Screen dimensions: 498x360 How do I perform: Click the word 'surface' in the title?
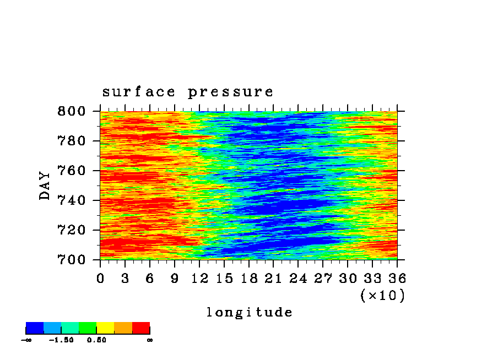pyautogui.click(x=138, y=92)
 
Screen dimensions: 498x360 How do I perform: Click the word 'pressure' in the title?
pyautogui.click(x=230, y=92)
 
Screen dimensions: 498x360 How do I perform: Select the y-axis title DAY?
pyautogui.click(x=45, y=186)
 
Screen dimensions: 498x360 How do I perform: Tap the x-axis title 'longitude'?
pyautogui.click(x=250, y=312)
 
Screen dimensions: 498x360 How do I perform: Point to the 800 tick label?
pyautogui.click(x=72, y=111)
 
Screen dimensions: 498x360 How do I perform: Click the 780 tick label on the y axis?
pyautogui.click(x=72, y=141)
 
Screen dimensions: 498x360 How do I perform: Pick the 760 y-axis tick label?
pyautogui.click(x=72, y=171)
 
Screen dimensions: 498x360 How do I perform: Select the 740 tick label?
pyautogui.click(x=72, y=200)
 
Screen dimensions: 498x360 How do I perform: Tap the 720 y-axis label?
pyautogui.click(x=72, y=230)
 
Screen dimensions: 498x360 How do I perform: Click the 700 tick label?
pyautogui.click(x=72, y=260)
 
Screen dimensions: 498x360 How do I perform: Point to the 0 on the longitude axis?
pyautogui.click(x=100, y=279)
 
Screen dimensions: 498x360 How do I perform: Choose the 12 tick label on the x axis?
pyautogui.click(x=199, y=279)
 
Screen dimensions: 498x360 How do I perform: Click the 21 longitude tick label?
pyautogui.click(x=273, y=279)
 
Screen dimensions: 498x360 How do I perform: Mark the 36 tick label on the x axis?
pyautogui.click(x=397, y=279)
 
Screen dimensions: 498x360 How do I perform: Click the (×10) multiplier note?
pyautogui.click(x=383, y=296)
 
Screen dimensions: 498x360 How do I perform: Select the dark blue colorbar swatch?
pyautogui.click(x=35, y=328)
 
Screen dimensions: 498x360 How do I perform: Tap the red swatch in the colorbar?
pyautogui.click(x=141, y=328)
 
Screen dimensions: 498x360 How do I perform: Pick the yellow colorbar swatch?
pyautogui.click(x=105, y=328)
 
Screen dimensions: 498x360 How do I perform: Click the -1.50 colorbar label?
pyautogui.click(x=61, y=340)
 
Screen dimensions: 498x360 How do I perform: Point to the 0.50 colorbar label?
pyautogui.click(x=96, y=340)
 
